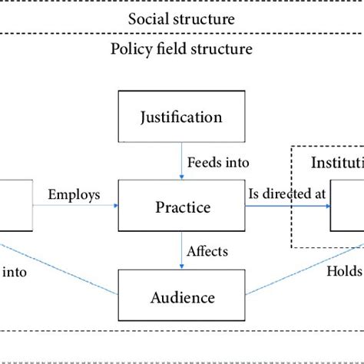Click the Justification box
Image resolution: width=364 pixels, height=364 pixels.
(x=181, y=118)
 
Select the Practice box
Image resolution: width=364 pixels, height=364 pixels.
(x=181, y=207)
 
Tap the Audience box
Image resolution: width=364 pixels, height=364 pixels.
(x=181, y=296)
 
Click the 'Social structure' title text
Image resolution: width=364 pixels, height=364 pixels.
(x=182, y=18)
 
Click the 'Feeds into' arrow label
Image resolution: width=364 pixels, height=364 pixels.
(x=216, y=163)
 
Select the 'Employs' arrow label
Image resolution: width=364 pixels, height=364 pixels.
(x=74, y=195)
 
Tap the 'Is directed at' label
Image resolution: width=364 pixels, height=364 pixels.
(x=285, y=195)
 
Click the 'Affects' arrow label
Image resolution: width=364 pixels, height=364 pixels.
(x=209, y=252)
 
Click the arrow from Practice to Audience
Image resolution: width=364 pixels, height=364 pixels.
(x=181, y=251)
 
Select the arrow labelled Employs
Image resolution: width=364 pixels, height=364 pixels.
(x=74, y=207)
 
